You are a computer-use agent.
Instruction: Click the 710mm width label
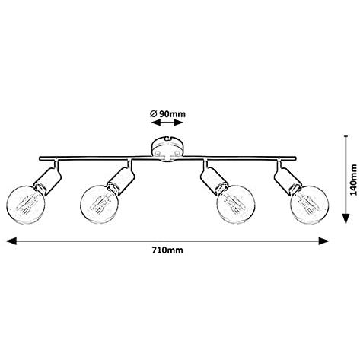tap(167, 250)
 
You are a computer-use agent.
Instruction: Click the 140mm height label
tap(353, 180)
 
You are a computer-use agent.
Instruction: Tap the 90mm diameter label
tap(167, 114)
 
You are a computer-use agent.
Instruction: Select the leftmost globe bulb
tap(26, 205)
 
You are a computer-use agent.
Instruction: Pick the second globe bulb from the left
tap(99, 205)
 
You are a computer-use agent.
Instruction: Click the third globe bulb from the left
tap(236, 205)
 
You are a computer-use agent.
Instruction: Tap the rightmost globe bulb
tap(310, 205)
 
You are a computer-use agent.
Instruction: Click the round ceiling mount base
tap(167, 149)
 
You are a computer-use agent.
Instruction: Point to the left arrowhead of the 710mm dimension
tap(11, 241)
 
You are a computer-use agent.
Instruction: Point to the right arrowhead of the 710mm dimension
tap(323, 241)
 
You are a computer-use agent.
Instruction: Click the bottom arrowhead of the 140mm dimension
tap(346, 218)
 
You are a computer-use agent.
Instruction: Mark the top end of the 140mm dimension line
tap(346, 136)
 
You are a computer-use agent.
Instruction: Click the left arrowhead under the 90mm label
tap(155, 123)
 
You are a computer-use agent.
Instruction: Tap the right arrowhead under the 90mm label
tap(178, 123)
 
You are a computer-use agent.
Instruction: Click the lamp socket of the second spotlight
tap(121, 180)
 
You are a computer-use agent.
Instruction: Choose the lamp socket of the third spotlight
tap(214, 180)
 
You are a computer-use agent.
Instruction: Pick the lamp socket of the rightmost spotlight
tap(288, 180)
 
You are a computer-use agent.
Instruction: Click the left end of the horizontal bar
tap(40, 158)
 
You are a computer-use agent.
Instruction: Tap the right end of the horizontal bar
tap(295, 158)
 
